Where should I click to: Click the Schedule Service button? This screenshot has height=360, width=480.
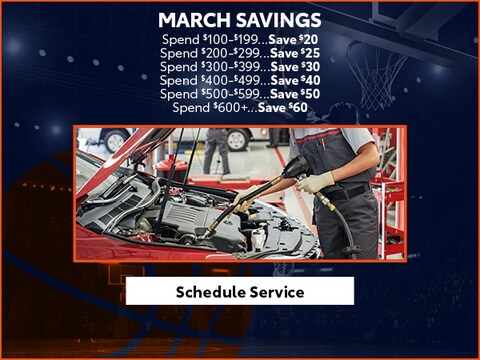click(x=239, y=291)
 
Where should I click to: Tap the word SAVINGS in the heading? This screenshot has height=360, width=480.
click(x=279, y=20)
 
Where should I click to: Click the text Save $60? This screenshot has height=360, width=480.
click(x=283, y=107)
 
